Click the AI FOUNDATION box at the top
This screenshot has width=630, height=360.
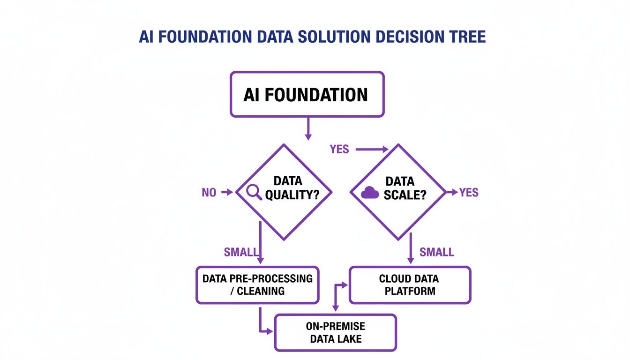(x=307, y=94)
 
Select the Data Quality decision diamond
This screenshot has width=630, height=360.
(x=284, y=192)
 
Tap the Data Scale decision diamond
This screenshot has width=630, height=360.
(x=398, y=192)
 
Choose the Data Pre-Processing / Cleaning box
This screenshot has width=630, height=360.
(x=257, y=285)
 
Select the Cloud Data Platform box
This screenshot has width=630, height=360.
(x=409, y=285)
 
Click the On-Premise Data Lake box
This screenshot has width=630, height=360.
(x=336, y=332)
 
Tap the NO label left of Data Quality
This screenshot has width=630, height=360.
(x=209, y=192)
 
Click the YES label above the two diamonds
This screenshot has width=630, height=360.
(x=339, y=150)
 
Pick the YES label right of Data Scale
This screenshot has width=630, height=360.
(x=469, y=192)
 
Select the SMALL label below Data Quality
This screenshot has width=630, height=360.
(x=241, y=252)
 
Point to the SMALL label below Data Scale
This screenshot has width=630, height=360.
(x=437, y=252)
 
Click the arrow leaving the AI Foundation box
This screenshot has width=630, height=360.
(x=308, y=128)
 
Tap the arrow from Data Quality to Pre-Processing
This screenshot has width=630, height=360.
(x=261, y=244)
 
